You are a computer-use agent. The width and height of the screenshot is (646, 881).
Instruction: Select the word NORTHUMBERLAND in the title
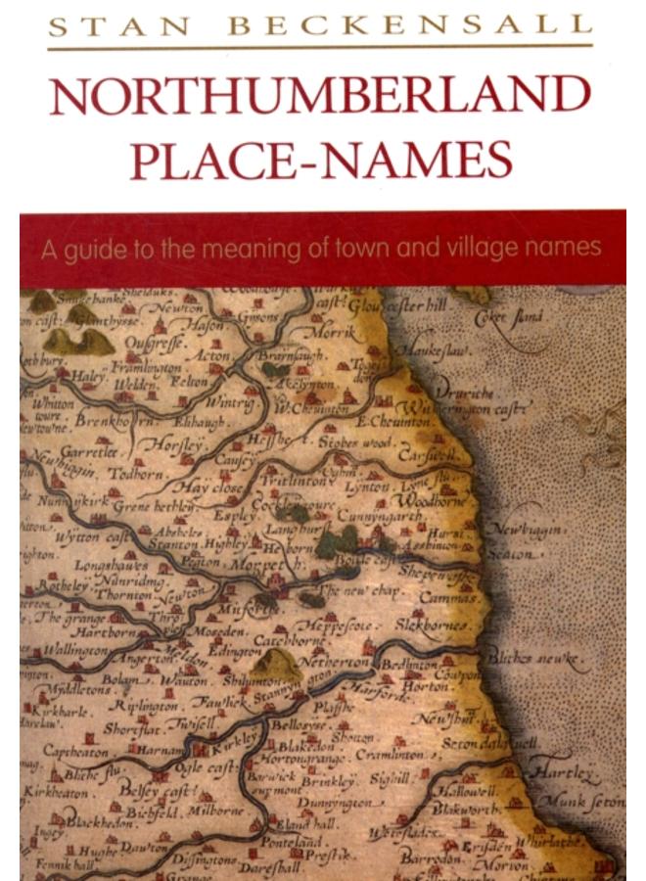321,96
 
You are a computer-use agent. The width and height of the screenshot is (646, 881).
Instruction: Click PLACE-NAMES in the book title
321,161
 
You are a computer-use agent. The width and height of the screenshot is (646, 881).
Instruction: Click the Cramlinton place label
390,756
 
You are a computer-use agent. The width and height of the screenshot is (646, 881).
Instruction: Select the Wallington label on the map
76,648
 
